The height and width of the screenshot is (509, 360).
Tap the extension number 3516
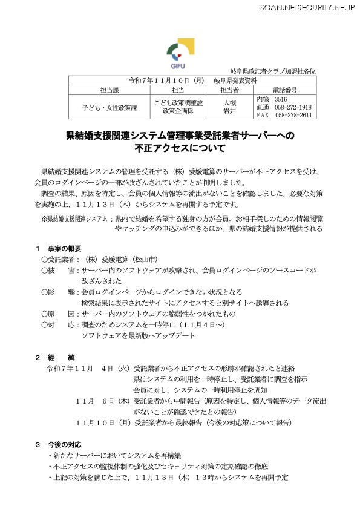[281, 99]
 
